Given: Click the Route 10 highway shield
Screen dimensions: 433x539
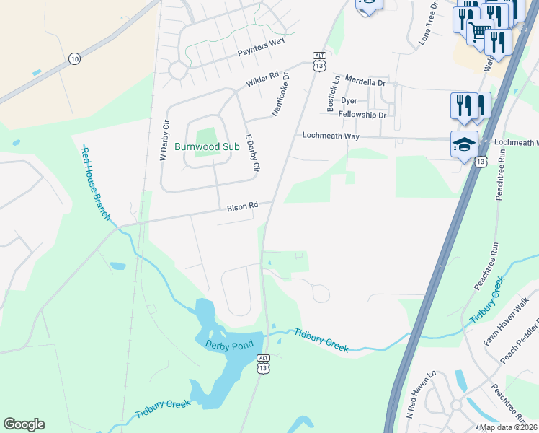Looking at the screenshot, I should pyautogui.click(x=74, y=58).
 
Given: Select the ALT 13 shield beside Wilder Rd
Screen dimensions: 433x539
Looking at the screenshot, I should pyautogui.click(x=319, y=61).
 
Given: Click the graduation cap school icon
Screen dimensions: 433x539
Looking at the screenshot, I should pyautogui.click(x=464, y=144).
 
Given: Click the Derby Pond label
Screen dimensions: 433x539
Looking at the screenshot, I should pyautogui.click(x=229, y=346).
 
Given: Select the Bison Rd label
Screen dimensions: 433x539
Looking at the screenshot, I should pyautogui.click(x=242, y=206).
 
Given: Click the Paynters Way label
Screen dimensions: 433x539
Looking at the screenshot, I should pyautogui.click(x=262, y=51).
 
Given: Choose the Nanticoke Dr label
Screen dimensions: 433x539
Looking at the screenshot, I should pyautogui.click(x=280, y=94).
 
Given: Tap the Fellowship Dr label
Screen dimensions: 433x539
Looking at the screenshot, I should pyautogui.click(x=362, y=115).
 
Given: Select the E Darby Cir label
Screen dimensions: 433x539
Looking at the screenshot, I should pyautogui.click(x=251, y=153).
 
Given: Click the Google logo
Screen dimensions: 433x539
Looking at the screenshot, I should pyautogui.click(x=24, y=424).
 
